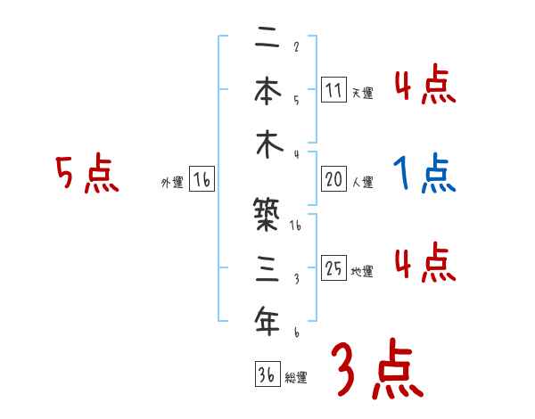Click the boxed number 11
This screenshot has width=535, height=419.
pos(333,89)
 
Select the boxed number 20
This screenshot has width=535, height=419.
pos(333,179)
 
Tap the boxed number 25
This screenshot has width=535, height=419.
pos(333,268)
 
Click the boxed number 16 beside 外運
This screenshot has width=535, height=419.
pos(202,180)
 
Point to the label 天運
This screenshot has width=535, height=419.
pos(363,93)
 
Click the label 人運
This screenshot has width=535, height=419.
pos(363,183)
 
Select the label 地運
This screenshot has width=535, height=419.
pos(363,272)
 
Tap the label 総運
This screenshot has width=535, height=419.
pos(296,377)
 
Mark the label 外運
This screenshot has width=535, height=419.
pos(172,183)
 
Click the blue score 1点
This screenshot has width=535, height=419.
pos(424,174)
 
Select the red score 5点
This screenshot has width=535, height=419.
pos(86,175)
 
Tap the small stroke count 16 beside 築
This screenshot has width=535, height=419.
pos(296,226)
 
